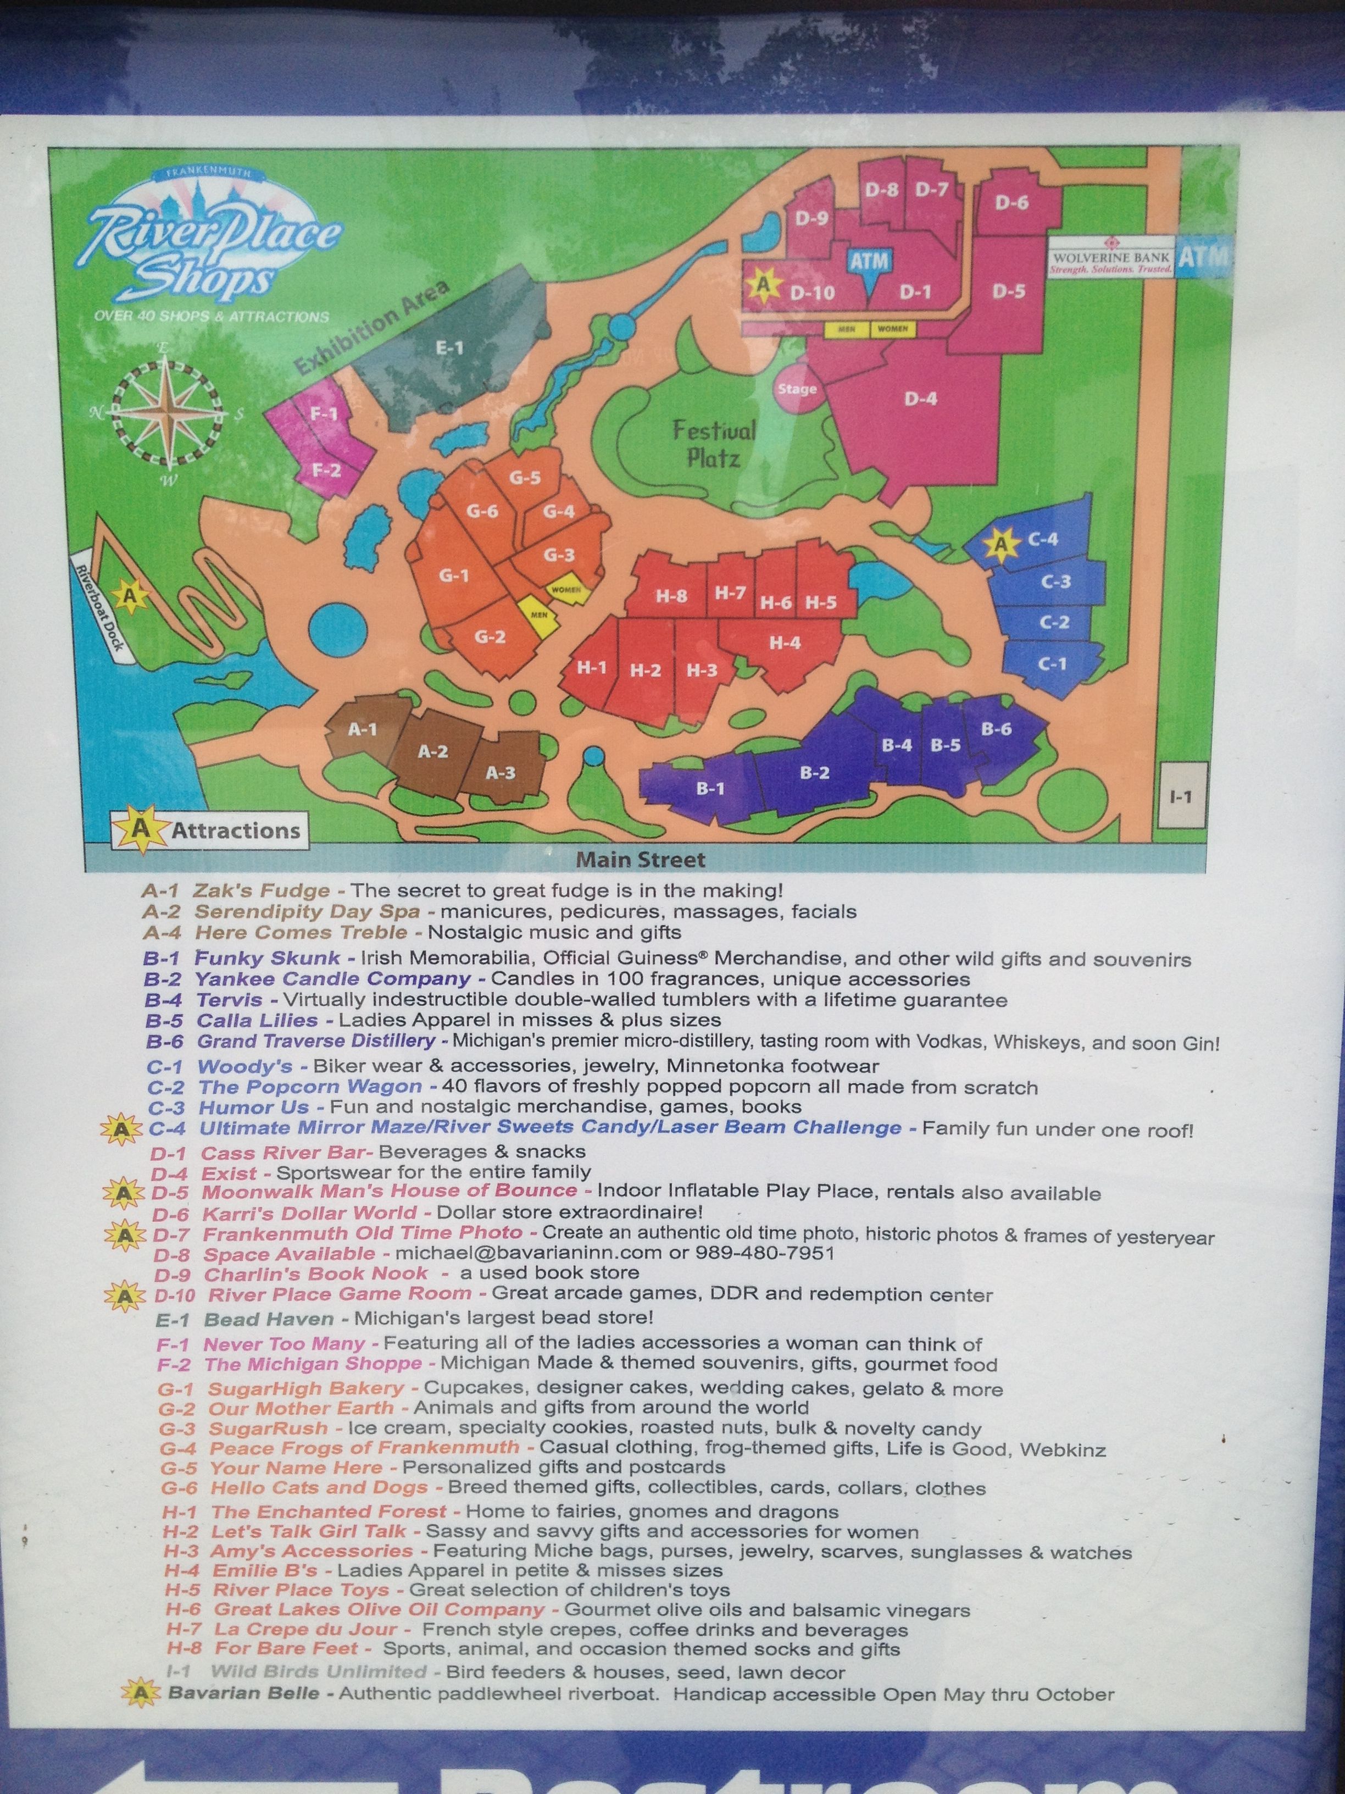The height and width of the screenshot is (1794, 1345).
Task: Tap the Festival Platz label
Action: point(714,443)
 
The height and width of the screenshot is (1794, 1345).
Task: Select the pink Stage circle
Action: point(797,389)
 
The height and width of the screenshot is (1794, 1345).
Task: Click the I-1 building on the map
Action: point(1181,796)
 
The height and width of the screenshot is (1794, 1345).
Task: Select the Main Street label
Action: point(641,859)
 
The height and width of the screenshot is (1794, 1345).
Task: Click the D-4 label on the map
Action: point(920,398)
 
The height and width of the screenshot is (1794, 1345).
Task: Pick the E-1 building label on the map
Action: point(449,348)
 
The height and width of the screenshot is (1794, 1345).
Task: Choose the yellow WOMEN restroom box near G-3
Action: point(566,590)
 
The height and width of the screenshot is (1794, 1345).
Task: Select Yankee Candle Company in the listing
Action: point(332,979)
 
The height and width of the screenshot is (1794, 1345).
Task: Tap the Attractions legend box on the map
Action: point(209,830)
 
